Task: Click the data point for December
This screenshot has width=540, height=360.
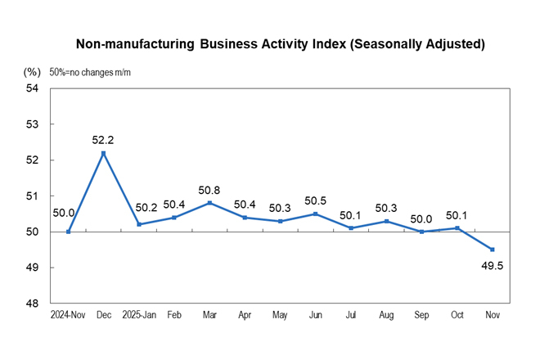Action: tap(103, 153)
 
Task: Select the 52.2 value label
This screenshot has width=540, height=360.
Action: tap(103, 140)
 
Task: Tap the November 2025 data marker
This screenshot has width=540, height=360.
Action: tap(492, 250)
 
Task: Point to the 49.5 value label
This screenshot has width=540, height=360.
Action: tap(492, 265)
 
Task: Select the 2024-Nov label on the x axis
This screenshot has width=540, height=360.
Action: tap(68, 314)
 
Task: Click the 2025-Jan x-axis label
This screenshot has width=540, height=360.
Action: tap(139, 314)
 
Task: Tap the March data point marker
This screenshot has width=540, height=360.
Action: tap(209, 203)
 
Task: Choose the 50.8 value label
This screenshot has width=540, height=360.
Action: tap(209, 190)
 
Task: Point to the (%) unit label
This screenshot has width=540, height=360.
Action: tap(34, 72)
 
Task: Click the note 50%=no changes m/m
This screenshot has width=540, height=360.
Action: tap(90, 72)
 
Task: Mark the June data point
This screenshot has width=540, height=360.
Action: tap(316, 214)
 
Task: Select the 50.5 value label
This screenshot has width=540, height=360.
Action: tap(316, 200)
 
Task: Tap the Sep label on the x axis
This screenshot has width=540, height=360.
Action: tap(421, 314)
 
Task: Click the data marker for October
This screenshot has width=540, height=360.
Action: tap(457, 228)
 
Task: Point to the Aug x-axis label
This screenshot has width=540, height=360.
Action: tap(386, 314)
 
